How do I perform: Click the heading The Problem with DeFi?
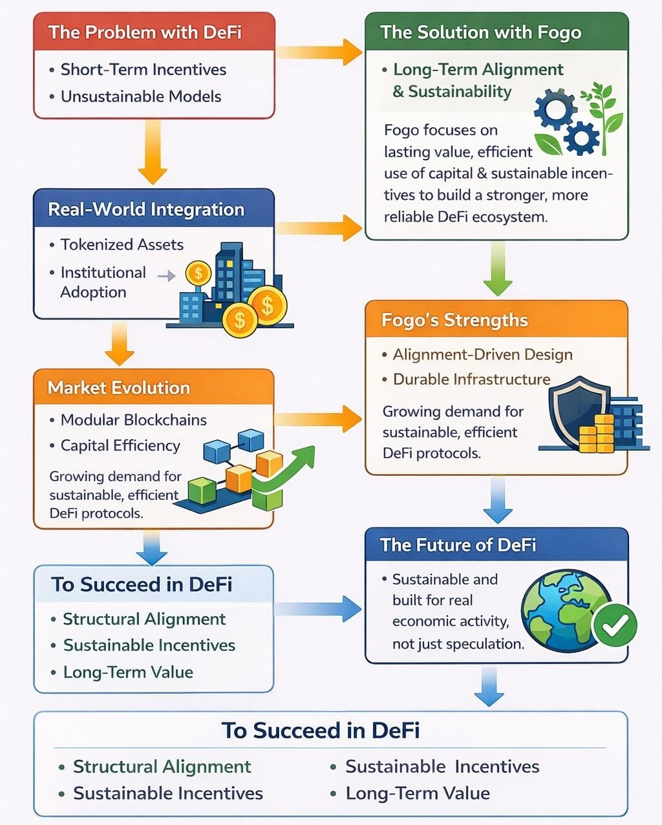pyautogui.click(x=145, y=32)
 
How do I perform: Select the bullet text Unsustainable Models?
pyautogui.click(x=141, y=96)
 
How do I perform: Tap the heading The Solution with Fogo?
pyautogui.click(x=480, y=32)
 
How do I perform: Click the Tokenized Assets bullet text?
pyautogui.click(x=122, y=244)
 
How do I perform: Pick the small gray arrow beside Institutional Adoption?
pyautogui.click(x=167, y=276)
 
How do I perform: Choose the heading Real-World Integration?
pyautogui.click(x=146, y=209)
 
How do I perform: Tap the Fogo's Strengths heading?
pyautogui.click(x=454, y=320)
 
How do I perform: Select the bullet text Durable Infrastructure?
pyautogui.click(x=471, y=379)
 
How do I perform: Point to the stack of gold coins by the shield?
pyautogui.click(x=596, y=434)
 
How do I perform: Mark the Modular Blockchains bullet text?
pyautogui.click(x=133, y=420)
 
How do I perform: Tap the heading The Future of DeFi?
pyautogui.click(x=458, y=545)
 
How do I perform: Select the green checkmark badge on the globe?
pyautogui.click(x=615, y=624)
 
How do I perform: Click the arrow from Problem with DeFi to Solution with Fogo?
pyautogui.click(x=319, y=52)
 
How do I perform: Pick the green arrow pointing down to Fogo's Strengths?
pyautogui.click(x=497, y=269)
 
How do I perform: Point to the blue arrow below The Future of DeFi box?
pyautogui.click(x=489, y=686)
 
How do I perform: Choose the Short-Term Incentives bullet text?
pyautogui.click(x=143, y=69)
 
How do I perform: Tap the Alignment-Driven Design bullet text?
pyautogui.click(x=482, y=354)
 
